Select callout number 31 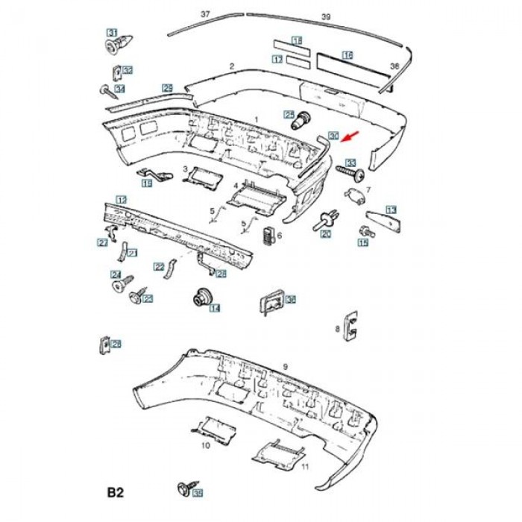pyautogui.click(x=112, y=32)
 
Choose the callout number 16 pyautogui.click(x=348, y=55)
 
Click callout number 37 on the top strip pyautogui.click(x=206, y=14)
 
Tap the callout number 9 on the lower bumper pyautogui.click(x=285, y=366)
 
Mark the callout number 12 pyautogui.click(x=121, y=199)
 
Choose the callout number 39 pyautogui.click(x=325, y=16)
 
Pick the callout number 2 pyautogui.click(x=232, y=66)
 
